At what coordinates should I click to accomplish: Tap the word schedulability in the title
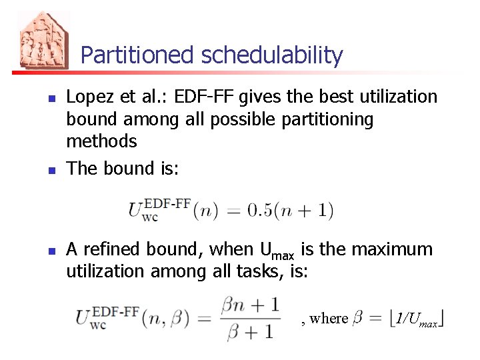pyautogui.click(x=272, y=55)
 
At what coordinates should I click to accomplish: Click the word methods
pyautogui.click(x=101, y=141)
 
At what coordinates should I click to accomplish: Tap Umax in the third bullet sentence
pyautogui.click(x=275, y=251)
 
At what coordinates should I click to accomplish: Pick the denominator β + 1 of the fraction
pyautogui.click(x=249, y=331)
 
